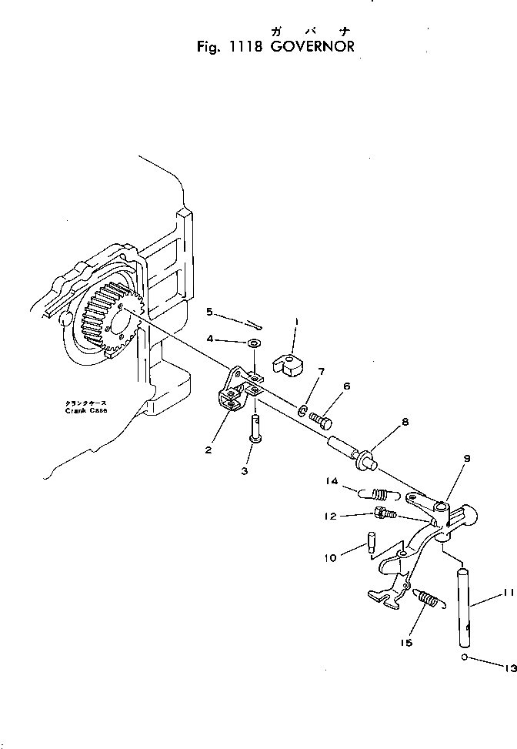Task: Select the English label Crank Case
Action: pos(85,411)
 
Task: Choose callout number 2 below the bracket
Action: pos(208,450)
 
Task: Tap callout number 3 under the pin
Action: pos(245,470)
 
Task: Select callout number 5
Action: pos(208,312)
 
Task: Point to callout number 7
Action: pos(321,372)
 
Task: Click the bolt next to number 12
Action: pos(383,513)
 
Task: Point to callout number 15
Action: pos(405,643)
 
